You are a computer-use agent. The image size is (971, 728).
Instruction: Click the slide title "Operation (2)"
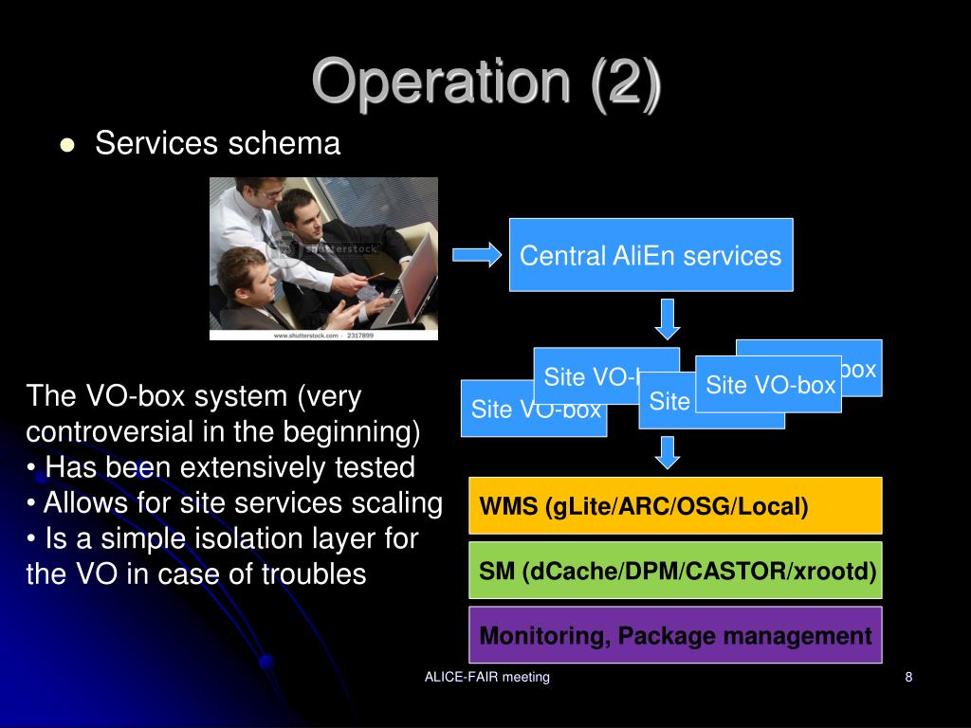click(485, 82)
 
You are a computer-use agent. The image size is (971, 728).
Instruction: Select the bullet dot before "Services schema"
click(66, 145)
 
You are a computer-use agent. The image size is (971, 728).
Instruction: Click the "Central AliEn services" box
click(650, 255)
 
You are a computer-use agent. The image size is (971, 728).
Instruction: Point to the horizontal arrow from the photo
click(477, 254)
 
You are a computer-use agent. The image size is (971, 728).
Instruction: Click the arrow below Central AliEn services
click(669, 318)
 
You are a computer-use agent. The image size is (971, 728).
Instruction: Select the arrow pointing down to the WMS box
click(669, 451)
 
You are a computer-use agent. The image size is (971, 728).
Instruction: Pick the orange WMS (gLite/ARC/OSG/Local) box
click(675, 506)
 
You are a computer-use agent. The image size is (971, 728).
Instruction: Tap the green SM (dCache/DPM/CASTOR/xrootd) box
click(675, 571)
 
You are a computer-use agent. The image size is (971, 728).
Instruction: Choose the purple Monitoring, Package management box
click(675, 635)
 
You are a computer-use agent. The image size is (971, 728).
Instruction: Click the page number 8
click(908, 677)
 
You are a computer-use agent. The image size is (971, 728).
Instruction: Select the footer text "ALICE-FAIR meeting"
click(487, 677)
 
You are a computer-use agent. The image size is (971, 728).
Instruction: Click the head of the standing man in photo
click(257, 190)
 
